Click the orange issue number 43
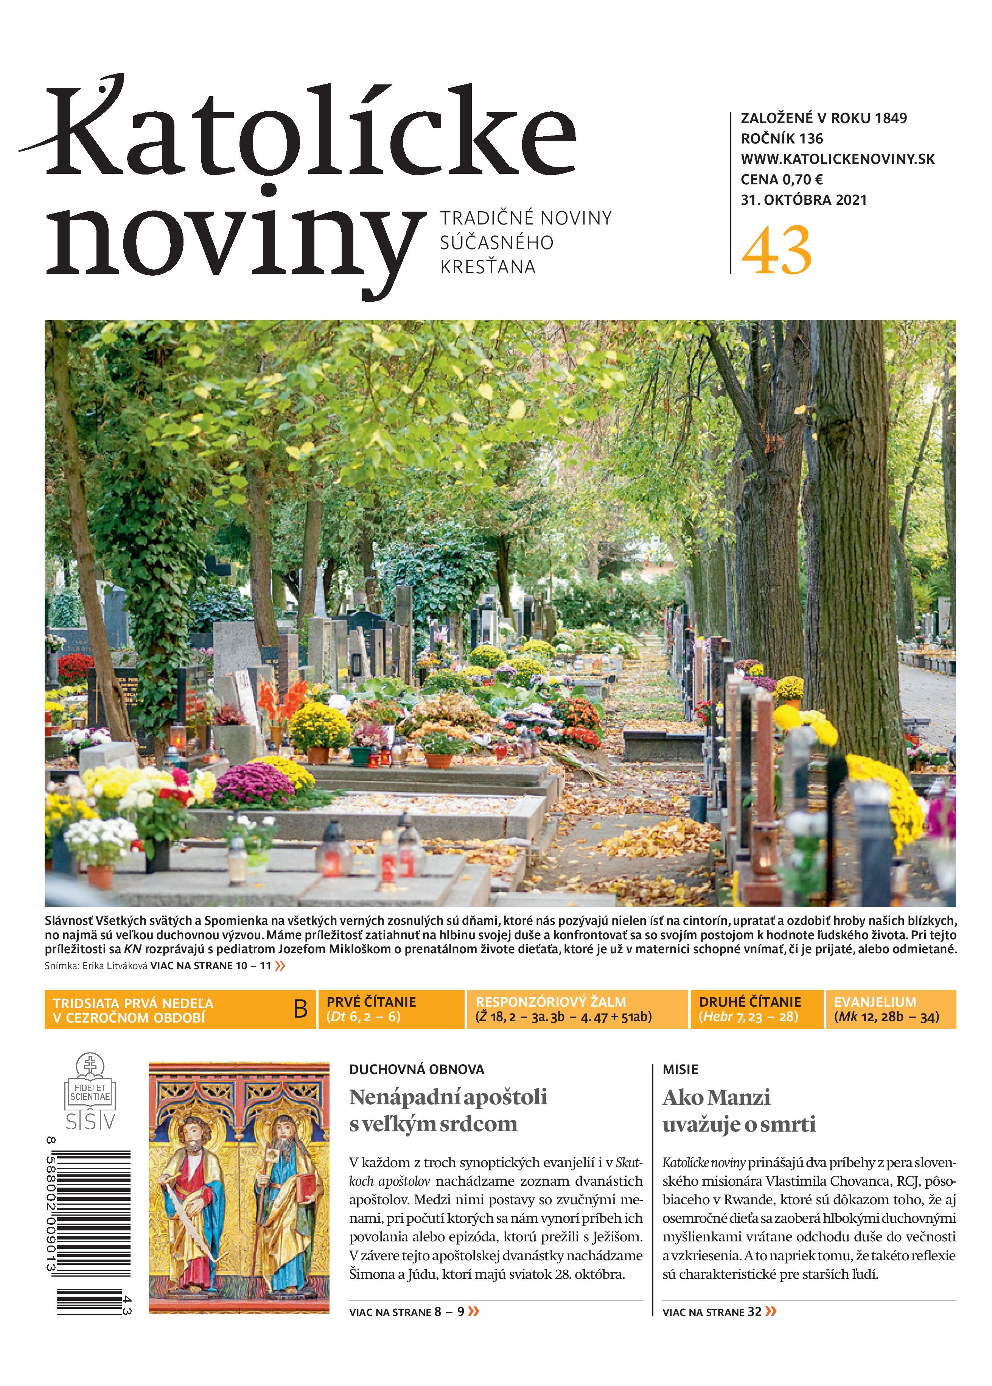click(776, 251)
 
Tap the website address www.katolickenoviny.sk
click(838, 159)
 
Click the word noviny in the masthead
click(235, 242)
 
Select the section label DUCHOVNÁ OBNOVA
click(417, 1070)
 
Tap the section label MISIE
click(680, 1070)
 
